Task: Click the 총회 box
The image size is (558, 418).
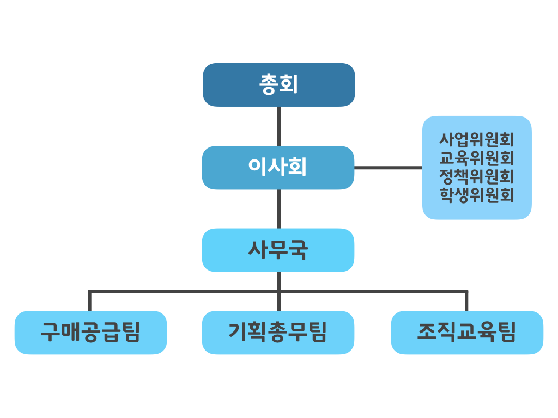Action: pos(278,84)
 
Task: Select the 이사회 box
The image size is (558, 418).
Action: pos(278,168)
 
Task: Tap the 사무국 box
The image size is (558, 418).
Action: pos(278,250)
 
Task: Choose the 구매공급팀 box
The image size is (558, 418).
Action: pos(90,333)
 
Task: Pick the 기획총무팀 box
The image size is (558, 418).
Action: pos(278,333)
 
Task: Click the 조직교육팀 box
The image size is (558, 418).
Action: pos(467,333)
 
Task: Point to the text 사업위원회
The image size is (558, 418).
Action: pos(477,139)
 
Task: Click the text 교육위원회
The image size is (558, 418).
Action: pos(477,158)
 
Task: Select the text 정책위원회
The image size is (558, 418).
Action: pos(477,176)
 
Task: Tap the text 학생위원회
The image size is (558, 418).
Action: pos(477,195)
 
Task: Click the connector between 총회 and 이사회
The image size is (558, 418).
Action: pos(278,126)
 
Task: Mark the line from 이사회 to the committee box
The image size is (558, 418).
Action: pos(388,168)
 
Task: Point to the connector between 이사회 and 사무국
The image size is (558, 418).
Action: pos(278,208)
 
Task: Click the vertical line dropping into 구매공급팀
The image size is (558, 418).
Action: pos(89,301)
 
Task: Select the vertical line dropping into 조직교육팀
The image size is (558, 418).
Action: pos(466,301)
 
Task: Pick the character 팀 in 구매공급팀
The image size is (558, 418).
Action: pos(131,333)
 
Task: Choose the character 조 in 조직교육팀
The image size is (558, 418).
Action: pos(427,333)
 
